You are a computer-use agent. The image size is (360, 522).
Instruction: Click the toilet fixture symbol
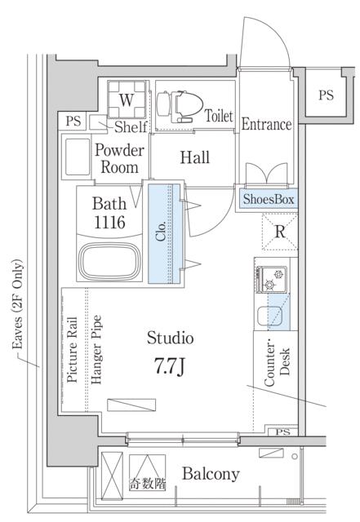[x=180, y=106]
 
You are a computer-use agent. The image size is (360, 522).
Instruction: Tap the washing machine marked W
[x=127, y=100]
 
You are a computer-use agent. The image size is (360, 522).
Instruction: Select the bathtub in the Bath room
[x=109, y=261]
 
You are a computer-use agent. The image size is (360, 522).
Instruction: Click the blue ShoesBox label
[x=269, y=199]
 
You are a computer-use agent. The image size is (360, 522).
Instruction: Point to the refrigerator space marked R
[x=280, y=232]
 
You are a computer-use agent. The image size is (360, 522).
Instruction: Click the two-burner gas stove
[x=271, y=279]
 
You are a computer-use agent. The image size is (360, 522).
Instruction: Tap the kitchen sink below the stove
[x=269, y=316]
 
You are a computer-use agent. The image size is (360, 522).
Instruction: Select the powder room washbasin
[x=78, y=156]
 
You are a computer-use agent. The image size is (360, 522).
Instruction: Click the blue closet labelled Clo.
[x=166, y=234]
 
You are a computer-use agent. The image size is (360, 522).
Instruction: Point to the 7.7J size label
[x=169, y=366]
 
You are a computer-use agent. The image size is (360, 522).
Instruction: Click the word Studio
[x=170, y=338]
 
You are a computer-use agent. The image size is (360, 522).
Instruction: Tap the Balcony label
[x=211, y=474]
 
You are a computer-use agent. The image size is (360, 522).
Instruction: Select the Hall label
[x=194, y=157]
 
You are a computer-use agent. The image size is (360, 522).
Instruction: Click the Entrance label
[x=266, y=124]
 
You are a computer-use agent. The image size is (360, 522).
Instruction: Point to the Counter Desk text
[x=278, y=365]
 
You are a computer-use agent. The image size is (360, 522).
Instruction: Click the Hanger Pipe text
[x=96, y=350]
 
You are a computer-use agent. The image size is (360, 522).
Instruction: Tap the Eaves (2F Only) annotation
[x=17, y=303]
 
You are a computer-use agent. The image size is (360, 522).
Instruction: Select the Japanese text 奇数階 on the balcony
[x=147, y=484]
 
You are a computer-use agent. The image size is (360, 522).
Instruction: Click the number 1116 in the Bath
[x=109, y=223]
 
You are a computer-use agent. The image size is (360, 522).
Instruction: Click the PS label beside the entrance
[x=326, y=95]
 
